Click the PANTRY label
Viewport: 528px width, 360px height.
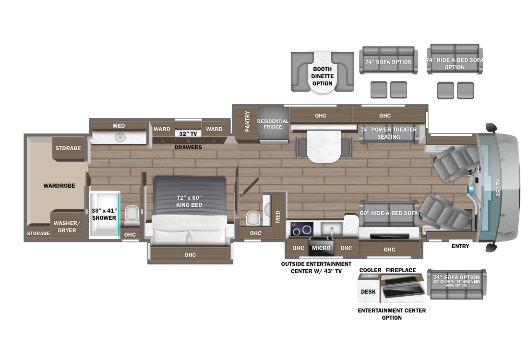248,121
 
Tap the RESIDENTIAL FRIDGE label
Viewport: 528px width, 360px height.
273,124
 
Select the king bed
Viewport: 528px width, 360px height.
189,210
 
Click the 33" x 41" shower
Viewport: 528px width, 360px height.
104,215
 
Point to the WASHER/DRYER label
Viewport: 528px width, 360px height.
67,227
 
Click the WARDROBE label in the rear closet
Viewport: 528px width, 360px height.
59,186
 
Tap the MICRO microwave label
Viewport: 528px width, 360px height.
321,248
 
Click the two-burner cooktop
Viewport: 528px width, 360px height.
302,229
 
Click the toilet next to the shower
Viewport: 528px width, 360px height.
132,216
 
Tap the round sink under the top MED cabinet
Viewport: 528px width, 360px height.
120,137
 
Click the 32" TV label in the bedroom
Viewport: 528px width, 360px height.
188,134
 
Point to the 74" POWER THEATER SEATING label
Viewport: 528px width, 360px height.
389,133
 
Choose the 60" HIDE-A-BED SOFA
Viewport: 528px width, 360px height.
389,214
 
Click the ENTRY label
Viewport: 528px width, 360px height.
460,246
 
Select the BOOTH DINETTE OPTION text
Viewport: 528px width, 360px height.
322,76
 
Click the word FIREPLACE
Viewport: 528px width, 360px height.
401,270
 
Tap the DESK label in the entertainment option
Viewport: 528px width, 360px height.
368,292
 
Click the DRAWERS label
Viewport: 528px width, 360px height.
188,147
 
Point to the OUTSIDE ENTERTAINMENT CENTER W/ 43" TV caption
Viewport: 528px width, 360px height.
316,267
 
